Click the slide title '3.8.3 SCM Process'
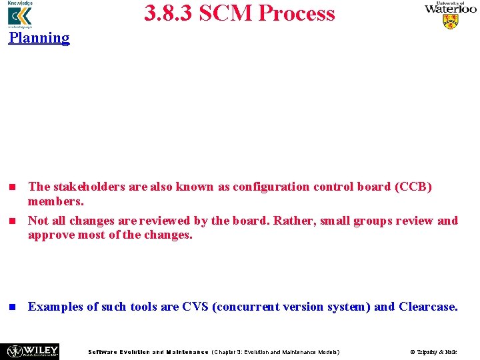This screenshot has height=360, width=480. click(x=239, y=13)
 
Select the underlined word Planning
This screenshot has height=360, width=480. click(x=39, y=37)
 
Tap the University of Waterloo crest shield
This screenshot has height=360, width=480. click(x=451, y=22)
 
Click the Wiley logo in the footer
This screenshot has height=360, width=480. click(x=33, y=351)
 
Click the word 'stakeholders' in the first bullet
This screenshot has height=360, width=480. click(x=89, y=187)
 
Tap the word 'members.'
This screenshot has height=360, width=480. click(x=55, y=201)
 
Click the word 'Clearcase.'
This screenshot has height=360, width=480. click(x=429, y=307)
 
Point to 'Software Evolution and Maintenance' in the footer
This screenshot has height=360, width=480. click(x=148, y=352)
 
